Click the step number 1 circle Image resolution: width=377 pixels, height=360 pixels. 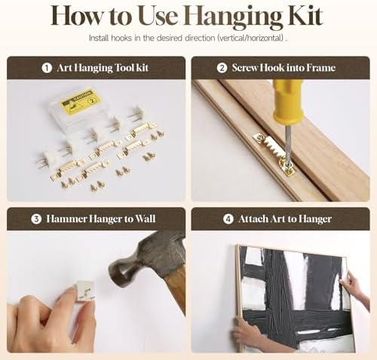point(47,68)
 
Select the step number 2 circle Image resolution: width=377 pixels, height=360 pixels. point(222,68)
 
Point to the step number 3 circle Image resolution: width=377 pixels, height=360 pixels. point(36,219)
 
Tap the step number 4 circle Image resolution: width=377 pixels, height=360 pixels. point(228,219)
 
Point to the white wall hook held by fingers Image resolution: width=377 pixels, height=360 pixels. point(86,291)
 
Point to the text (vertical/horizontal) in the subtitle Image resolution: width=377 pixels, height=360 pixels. point(250,38)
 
